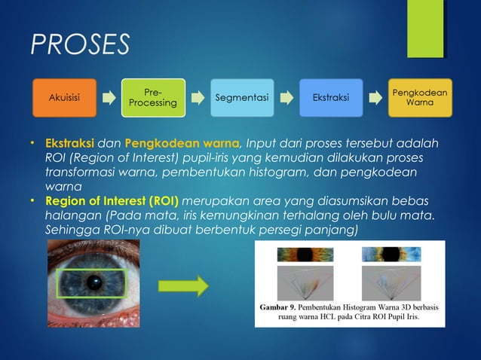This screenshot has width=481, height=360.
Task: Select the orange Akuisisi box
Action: pyautogui.click(x=64, y=97)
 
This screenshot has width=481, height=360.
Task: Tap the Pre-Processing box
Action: pyautogui.click(x=152, y=97)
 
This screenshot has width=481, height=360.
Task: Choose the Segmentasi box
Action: pyautogui.click(x=241, y=97)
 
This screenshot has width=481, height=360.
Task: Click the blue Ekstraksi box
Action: pyautogui.click(x=331, y=97)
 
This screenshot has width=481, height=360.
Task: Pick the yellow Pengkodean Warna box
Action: pyautogui.click(x=420, y=97)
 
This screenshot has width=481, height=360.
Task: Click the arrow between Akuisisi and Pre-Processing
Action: pyautogui.click(x=109, y=97)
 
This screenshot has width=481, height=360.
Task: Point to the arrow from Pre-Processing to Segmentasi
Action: pyautogui.click(x=197, y=97)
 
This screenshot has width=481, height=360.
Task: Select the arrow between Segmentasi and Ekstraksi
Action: pyautogui.click(x=286, y=97)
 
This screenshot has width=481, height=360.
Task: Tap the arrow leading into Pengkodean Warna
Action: pyautogui.click(x=375, y=97)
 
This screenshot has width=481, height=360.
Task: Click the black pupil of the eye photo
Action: pyautogui.click(x=93, y=283)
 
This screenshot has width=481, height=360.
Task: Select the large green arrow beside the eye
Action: pyautogui.click(x=182, y=286)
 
